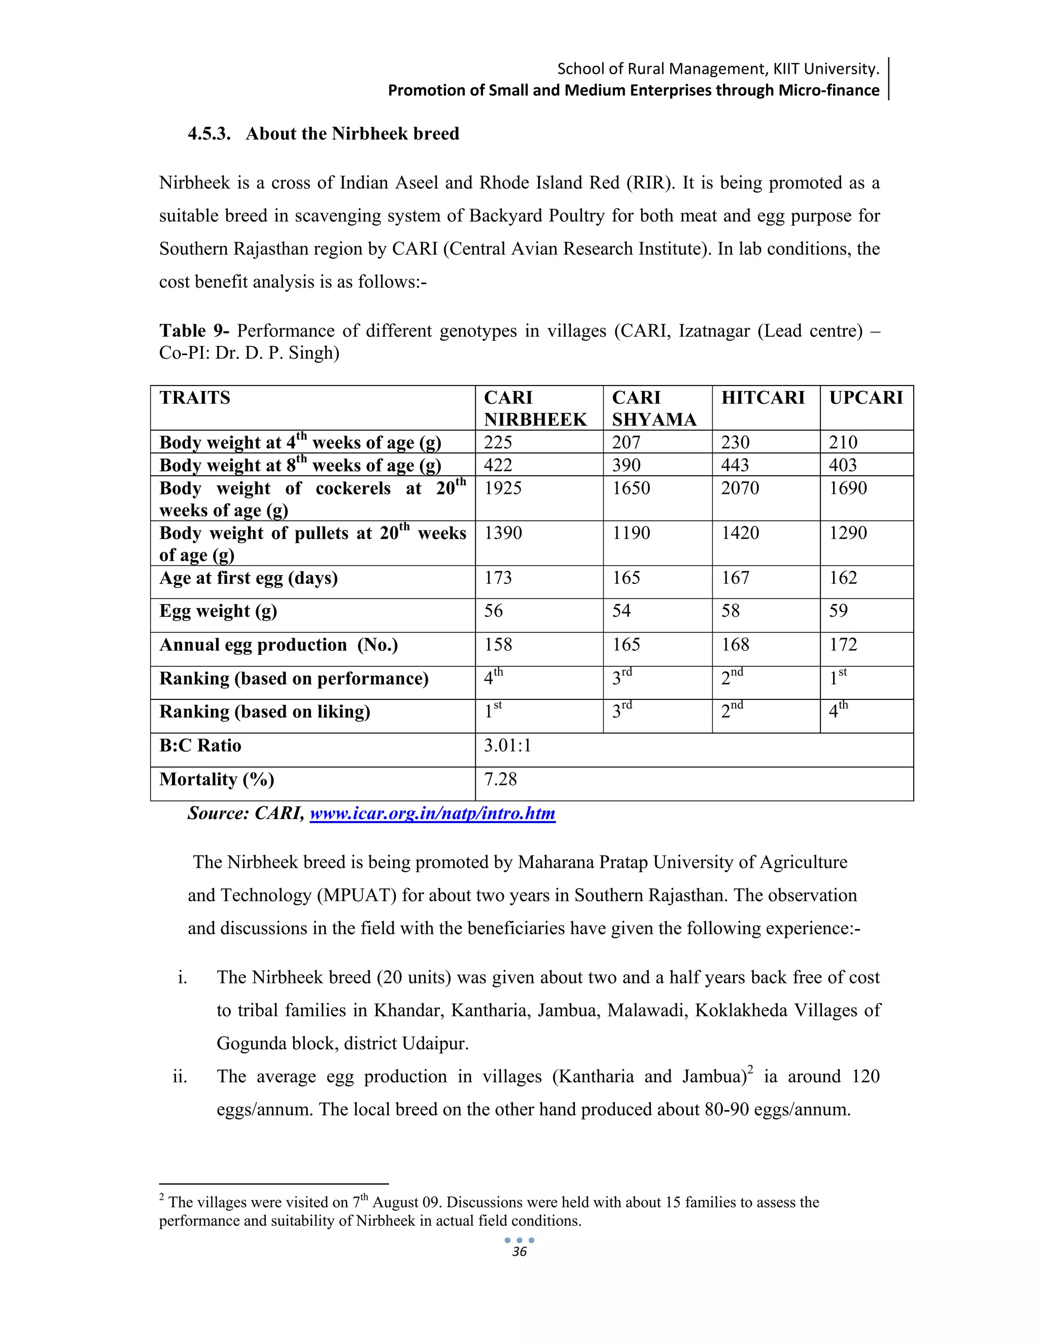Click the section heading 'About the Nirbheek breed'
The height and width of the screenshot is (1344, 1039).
[352, 134]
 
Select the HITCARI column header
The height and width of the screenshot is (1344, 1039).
[763, 398]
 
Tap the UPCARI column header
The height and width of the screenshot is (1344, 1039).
[866, 398]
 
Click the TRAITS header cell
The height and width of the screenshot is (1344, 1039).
[194, 398]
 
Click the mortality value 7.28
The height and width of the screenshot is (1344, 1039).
[500, 779]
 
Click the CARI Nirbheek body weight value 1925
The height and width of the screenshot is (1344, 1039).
[503, 488]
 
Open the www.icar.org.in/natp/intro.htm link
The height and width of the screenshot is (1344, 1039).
[432, 814]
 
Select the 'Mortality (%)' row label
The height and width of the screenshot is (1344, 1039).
[217, 780]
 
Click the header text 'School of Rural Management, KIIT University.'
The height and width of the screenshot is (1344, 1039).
[718, 68]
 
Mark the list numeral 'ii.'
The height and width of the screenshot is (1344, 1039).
[180, 1077]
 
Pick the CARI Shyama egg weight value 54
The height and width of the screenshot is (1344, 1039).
[621, 611]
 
